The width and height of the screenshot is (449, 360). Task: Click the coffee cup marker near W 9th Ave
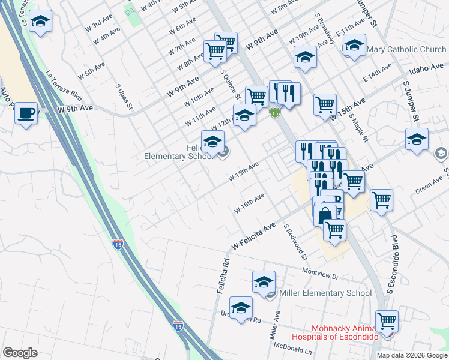coord(26,113)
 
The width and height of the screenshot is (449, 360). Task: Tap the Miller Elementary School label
coord(326,293)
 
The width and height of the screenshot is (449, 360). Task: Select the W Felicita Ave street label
coord(253,236)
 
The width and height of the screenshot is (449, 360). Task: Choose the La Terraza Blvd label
coord(64,86)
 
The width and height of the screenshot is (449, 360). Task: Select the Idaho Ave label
coord(428,69)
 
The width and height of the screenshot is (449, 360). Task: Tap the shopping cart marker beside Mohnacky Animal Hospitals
coord(387,321)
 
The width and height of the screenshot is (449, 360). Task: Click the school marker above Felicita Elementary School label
coord(212,142)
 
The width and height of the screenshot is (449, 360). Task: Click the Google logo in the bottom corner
coord(20,353)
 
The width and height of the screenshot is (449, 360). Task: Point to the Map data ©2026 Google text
coord(411,355)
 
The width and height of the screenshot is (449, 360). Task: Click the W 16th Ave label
coord(249,205)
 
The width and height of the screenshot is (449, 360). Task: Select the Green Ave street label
coord(429,185)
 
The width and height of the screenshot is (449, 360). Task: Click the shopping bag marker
coord(325,214)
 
